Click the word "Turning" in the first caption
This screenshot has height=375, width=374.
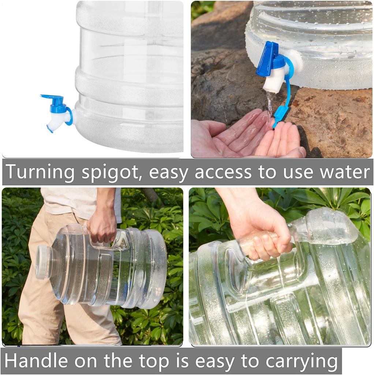pos(40,172)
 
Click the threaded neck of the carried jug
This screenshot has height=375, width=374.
pos(44,262)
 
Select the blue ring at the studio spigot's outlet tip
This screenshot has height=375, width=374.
pos(50,129)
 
